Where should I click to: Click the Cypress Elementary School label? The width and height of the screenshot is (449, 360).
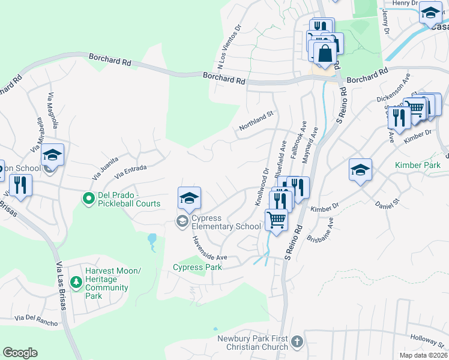[226, 222]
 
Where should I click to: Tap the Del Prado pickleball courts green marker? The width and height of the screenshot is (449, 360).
[88, 197]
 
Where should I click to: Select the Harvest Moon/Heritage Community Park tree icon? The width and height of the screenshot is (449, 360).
[76, 281]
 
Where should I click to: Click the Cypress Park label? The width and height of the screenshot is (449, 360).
[197, 267]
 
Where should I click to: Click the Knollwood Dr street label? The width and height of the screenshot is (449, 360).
[262, 186]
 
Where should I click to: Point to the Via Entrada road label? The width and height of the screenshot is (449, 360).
[130, 172]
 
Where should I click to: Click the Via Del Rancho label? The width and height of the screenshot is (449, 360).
[37, 320]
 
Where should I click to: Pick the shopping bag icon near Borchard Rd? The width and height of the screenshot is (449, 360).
[325, 53]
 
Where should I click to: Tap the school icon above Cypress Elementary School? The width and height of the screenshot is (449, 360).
[189, 198]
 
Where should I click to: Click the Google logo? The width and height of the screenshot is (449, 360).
[20, 353]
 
